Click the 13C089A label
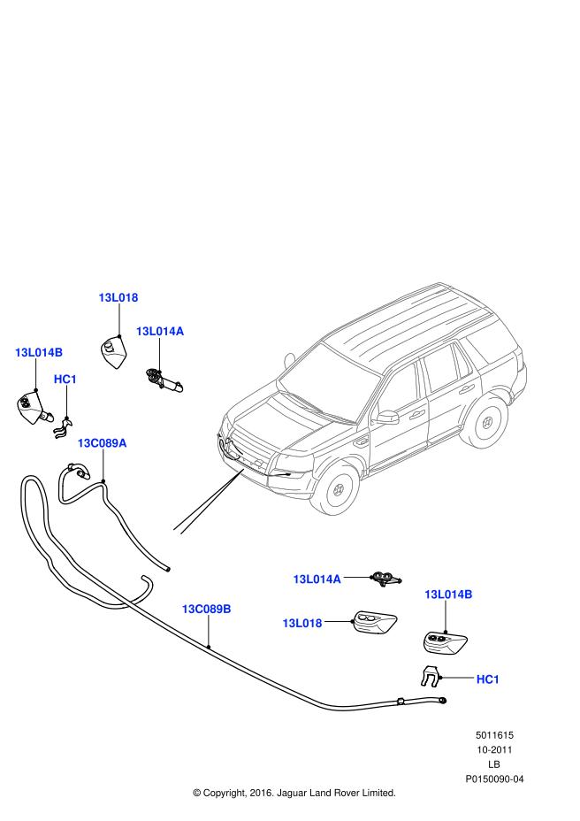pyautogui.click(x=102, y=443)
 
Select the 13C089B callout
pyautogui.click(x=206, y=609)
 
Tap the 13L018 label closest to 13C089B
pyautogui.click(x=301, y=623)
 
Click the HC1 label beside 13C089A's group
pyautogui.click(x=65, y=380)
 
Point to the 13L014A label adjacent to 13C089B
pyautogui.click(x=317, y=579)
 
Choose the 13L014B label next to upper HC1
pyautogui.click(x=39, y=352)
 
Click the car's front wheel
pyautogui.click(x=337, y=488)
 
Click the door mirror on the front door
pyautogui.click(x=387, y=416)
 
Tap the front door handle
pyautogui.click(x=416, y=414)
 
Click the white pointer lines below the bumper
pyautogui.click(x=208, y=503)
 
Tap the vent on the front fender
pyautogui.click(x=361, y=441)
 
